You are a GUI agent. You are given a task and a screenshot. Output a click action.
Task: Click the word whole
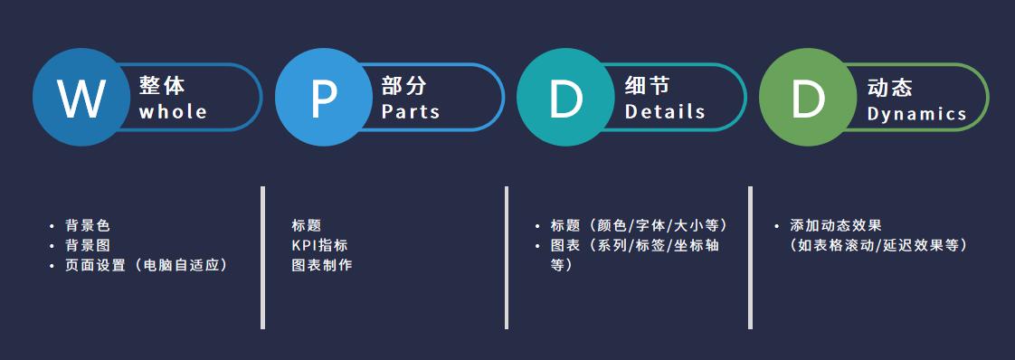(173, 112)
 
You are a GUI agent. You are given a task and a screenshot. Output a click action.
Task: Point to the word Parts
(411, 112)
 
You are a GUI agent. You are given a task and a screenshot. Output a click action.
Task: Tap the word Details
(665, 112)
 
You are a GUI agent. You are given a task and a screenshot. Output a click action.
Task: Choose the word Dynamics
(916, 114)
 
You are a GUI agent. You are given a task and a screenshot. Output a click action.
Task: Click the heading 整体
(162, 86)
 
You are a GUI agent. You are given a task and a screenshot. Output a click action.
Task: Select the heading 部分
(403, 86)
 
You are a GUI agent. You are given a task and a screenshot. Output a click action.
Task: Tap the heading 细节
(647, 86)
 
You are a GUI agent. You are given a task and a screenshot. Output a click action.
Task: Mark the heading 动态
(889, 86)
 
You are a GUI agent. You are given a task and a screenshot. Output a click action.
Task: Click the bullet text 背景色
(87, 225)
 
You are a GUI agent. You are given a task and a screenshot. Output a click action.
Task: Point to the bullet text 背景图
(87, 245)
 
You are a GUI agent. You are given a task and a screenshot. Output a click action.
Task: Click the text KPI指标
(319, 245)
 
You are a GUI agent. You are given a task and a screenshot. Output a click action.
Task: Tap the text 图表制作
(321, 265)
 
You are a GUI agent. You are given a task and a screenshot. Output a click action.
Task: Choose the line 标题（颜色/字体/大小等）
(639, 225)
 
